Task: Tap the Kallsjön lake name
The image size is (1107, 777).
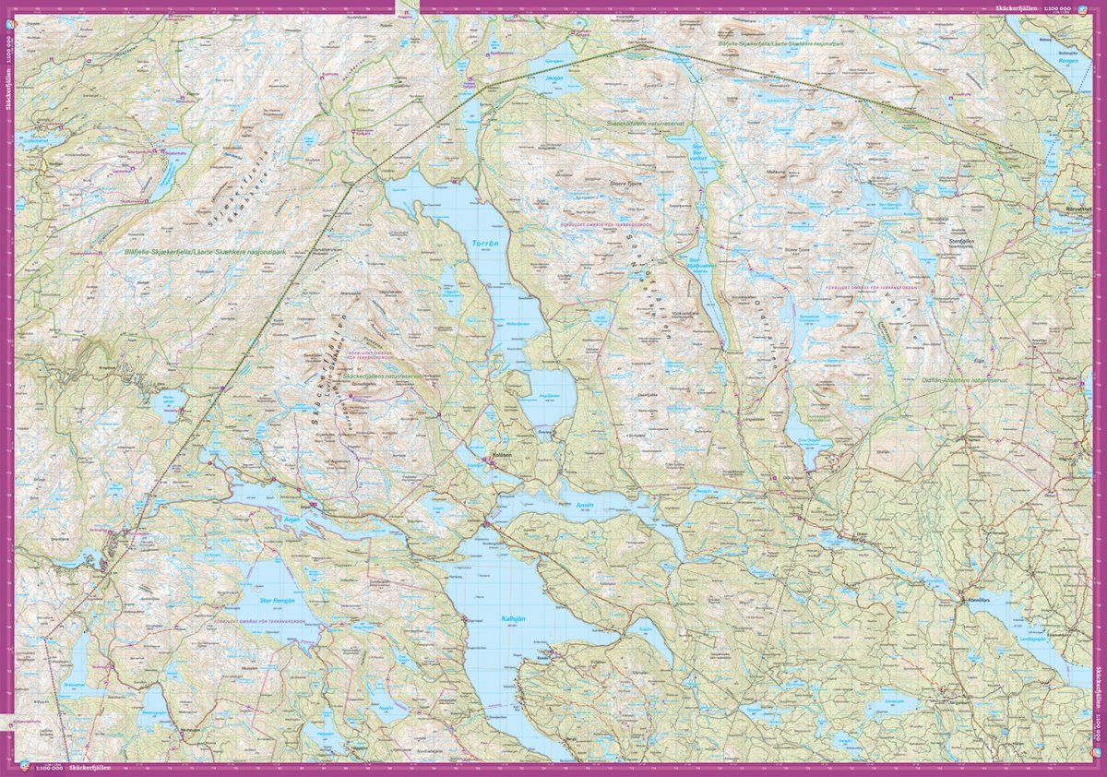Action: coord(515,619)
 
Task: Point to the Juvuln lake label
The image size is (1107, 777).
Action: coord(589,507)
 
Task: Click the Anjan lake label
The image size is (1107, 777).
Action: coord(292,520)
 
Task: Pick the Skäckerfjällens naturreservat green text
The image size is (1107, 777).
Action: coord(382,377)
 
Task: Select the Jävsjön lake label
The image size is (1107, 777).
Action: coord(553,79)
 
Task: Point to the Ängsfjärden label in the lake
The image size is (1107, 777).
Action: coord(549,398)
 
